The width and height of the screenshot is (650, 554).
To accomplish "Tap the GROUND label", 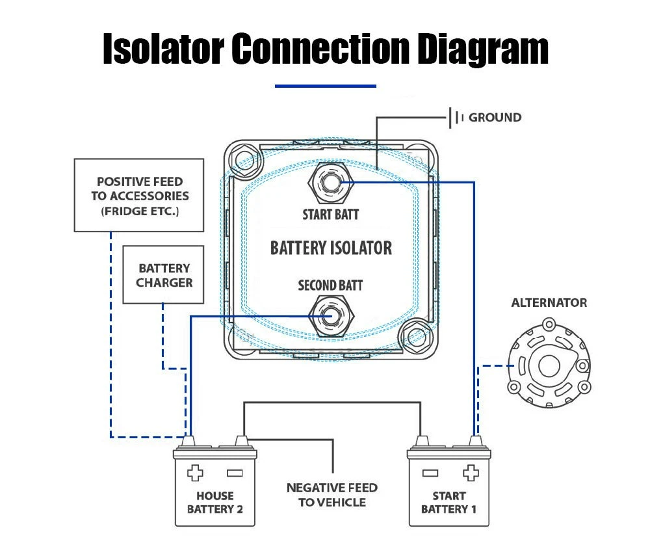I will [x=495, y=118].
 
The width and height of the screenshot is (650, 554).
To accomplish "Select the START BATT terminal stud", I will [x=330, y=183].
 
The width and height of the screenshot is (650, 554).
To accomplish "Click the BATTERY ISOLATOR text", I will [x=331, y=248].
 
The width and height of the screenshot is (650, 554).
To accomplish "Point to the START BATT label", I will [x=330, y=214].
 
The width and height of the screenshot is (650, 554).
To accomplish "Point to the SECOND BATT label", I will [x=330, y=285].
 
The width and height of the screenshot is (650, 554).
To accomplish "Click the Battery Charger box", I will [x=164, y=275].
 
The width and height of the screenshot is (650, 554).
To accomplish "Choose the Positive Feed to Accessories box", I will [x=140, y=195].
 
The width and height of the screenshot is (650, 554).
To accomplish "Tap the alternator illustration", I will [x=549, y=369].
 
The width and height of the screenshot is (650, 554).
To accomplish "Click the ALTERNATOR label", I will [x=549, y=302].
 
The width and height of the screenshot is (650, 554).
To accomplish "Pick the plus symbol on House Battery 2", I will [x=195, y=473].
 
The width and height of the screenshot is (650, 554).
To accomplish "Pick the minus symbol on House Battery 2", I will [x=235, y=473].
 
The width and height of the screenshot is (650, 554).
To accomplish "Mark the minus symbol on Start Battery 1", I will [x=429, y=473].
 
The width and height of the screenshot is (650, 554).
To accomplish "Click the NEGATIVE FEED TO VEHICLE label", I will [x=332, y=495].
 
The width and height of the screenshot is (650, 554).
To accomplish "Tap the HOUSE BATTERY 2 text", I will [x=215, y=502].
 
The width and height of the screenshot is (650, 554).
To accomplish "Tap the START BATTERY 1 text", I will [x=448, y=502].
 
